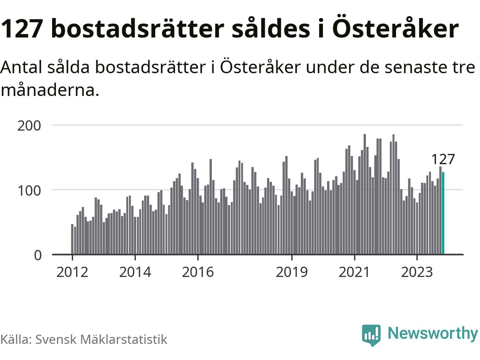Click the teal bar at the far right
tap(443, 213)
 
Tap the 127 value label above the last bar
tap(442, 159)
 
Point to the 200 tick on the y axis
tap(29, 126)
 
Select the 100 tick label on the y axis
tap(29, 190)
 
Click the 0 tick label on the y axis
tap(38, 255)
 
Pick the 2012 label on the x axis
tap(72, 272)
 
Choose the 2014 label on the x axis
tap(135, 272)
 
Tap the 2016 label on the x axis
tap(198, 272)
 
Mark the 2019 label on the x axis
tap(292, 272)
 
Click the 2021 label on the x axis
tap(354, 272)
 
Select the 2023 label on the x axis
tap(417, 272)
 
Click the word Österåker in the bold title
tap(395, 28)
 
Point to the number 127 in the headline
tap(21, 28)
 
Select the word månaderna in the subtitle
tap(49, 90)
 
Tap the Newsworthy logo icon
tap(371, 334)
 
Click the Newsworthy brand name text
tap(432, 333)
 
